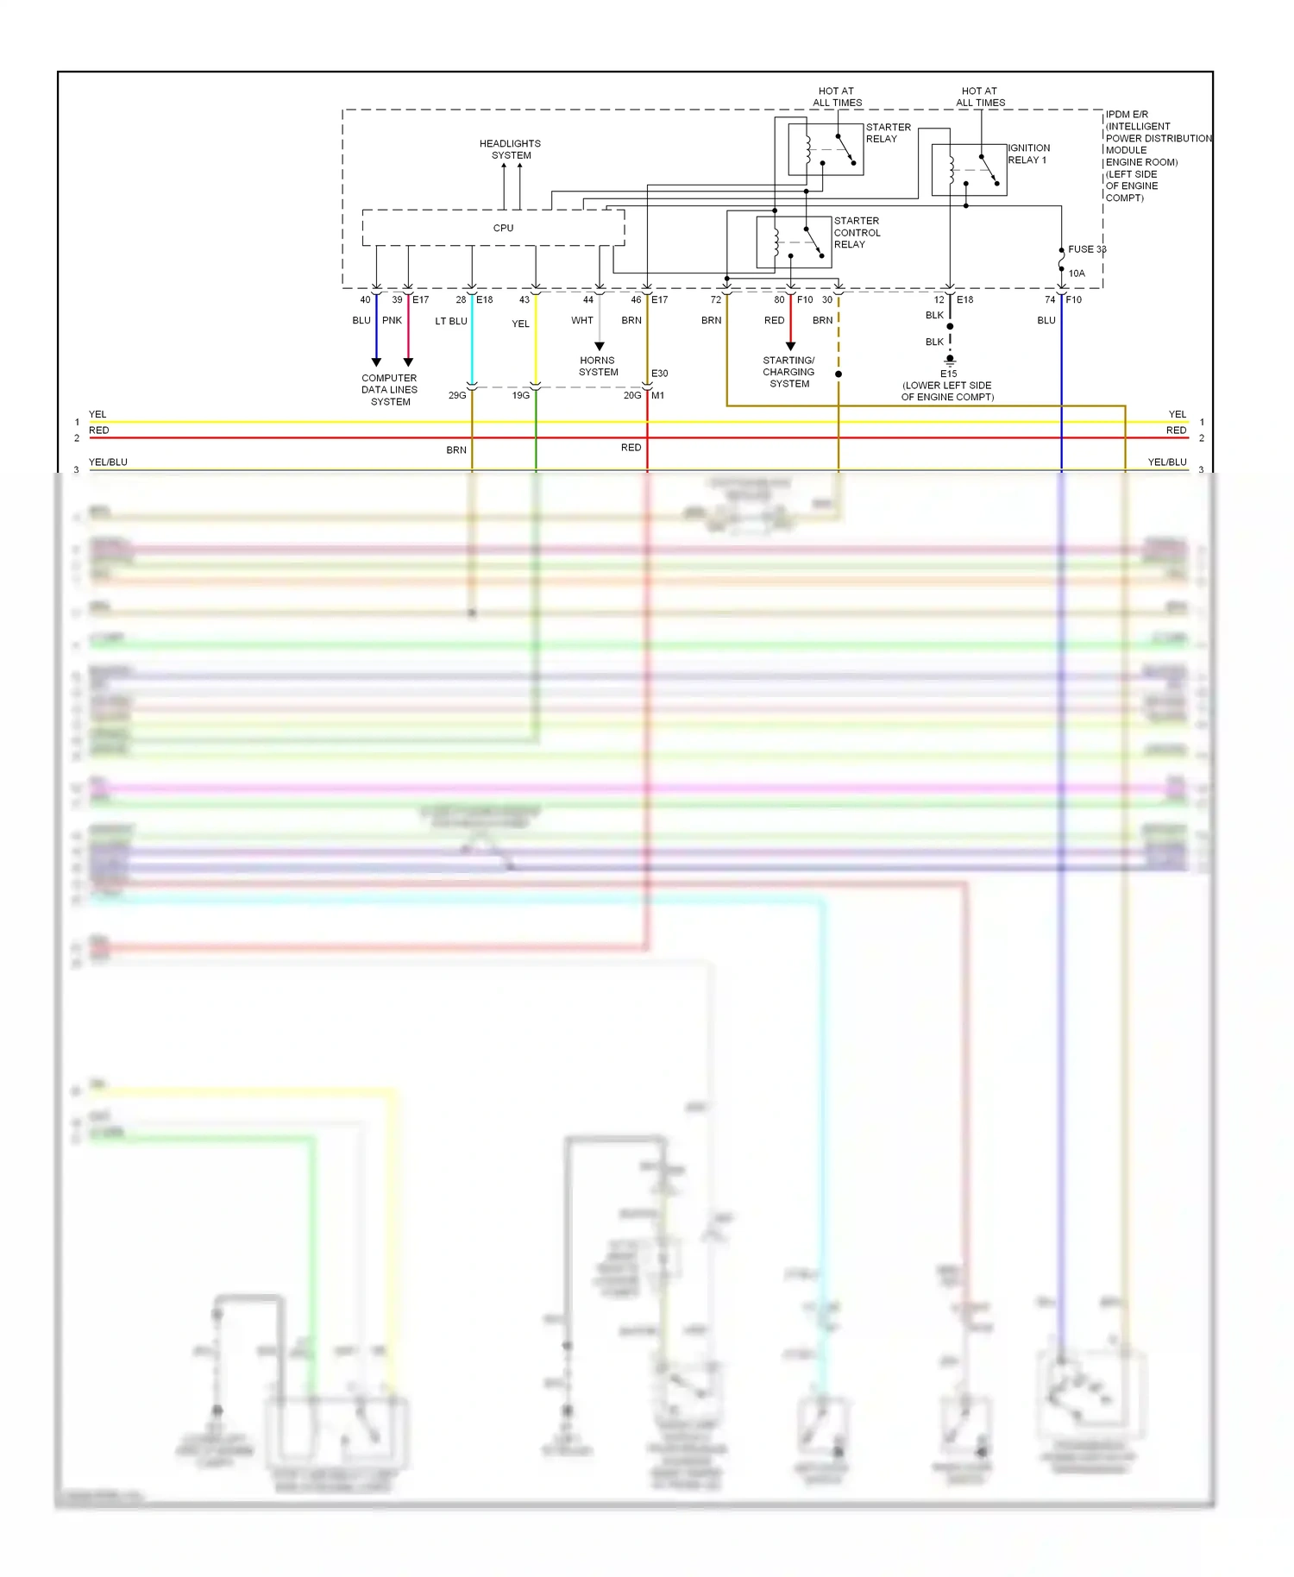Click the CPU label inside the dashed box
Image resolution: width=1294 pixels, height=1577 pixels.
[503, 229]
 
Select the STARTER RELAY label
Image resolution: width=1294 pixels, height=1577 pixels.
[888, 133]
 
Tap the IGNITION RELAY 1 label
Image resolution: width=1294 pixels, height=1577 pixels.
[1028, 154]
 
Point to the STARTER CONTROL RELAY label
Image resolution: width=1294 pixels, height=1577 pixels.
[857, 233]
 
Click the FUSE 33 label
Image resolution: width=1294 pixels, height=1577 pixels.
[1086, 249]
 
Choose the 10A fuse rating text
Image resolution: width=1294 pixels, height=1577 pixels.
[1077, 273]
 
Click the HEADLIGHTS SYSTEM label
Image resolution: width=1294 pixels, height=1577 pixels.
[511, 149]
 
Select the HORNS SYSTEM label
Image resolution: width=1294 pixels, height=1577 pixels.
[598, 367]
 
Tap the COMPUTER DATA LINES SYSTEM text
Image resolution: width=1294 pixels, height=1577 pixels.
[390, 390]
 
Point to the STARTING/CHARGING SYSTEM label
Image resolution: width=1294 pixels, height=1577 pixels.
[788, 372]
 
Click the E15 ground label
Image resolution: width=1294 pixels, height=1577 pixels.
[948, 374]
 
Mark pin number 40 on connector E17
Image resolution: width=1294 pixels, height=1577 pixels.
[365, 300]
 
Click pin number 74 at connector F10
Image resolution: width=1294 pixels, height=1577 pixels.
[1049, 300]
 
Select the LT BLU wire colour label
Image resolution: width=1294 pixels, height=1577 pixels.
[450, 321]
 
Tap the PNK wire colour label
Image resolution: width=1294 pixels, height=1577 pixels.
[392, 320]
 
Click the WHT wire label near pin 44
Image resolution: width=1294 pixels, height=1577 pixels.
[581, 320]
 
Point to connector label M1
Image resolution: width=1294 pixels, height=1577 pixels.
[658, 396]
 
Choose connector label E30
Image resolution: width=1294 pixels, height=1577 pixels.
[659, 374]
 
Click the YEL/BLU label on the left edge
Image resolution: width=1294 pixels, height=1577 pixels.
[108, 462]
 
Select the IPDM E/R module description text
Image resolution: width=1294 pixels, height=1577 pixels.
[1157, 155]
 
